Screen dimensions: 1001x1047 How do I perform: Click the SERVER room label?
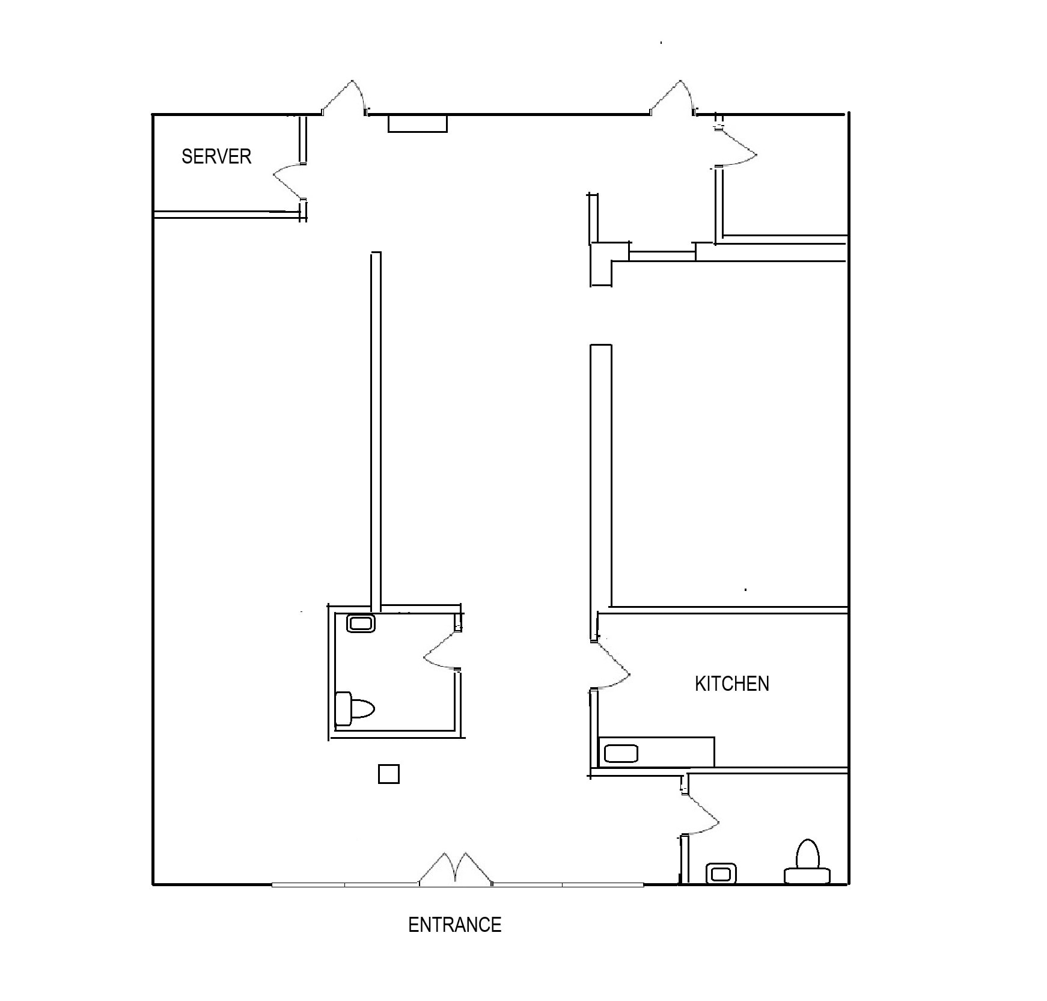pos(216,156)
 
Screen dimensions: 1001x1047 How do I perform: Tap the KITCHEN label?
pos(731,684)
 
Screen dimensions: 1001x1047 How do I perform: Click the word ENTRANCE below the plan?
pos(454,924)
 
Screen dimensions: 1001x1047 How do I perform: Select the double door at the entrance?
pos(456,870)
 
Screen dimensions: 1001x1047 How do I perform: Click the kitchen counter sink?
pos(620,753)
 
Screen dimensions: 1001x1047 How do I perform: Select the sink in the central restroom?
pos(361,623)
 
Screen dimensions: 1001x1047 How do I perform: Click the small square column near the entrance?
pos(388,774)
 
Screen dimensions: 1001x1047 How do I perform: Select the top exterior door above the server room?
pos(344,99)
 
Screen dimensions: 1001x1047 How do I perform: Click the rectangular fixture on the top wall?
pos(417,123)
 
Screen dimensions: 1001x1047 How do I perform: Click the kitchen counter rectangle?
pos(656,752)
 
